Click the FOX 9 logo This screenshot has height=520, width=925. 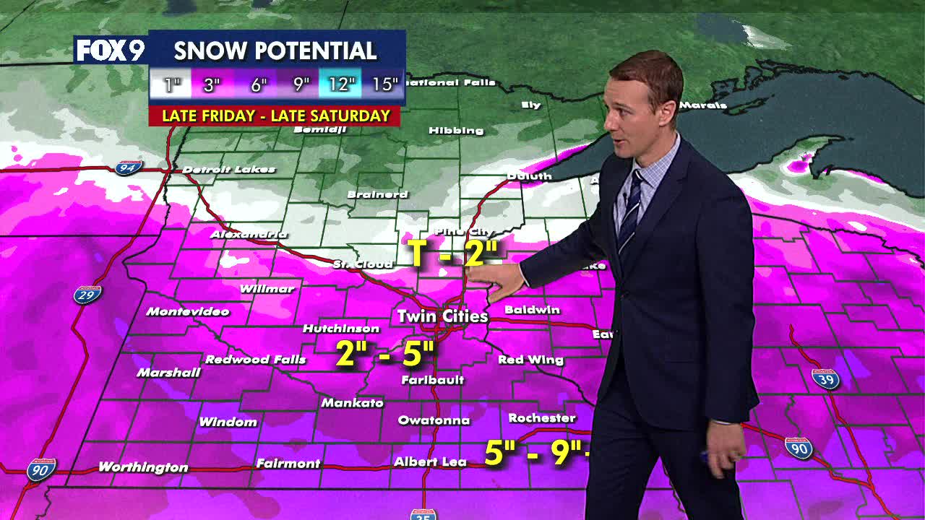111,50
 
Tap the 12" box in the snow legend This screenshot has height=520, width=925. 340,84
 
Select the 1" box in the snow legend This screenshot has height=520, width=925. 171,84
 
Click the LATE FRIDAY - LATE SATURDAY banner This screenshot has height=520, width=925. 275,116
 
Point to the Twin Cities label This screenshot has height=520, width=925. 442,316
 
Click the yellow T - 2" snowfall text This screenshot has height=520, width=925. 455,253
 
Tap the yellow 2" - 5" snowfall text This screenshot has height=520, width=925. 385,354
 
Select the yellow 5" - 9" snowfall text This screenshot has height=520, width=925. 535,453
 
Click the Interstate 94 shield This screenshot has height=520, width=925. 128,168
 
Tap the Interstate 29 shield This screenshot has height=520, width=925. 87,295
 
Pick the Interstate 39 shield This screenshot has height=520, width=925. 825,379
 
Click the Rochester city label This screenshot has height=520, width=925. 542,418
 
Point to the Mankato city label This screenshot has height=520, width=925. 352,403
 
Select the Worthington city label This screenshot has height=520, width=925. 143,467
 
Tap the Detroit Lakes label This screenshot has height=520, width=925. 228,170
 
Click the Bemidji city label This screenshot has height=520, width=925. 320,130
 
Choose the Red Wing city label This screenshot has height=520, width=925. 530,360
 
